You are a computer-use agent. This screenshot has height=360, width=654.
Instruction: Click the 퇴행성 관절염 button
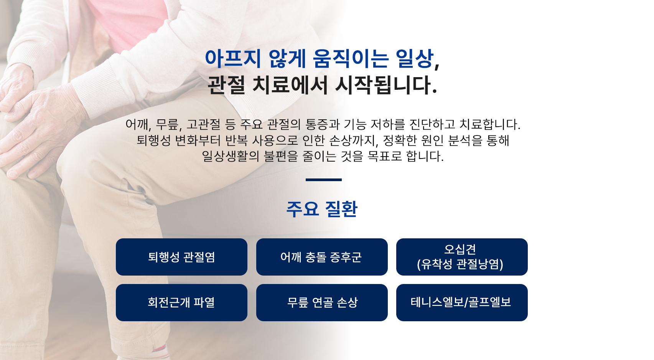coord(181,257)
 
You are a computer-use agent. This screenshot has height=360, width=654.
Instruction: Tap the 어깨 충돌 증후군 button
coord(322,257)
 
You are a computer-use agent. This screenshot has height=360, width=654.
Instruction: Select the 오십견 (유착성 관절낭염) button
coord(462,257)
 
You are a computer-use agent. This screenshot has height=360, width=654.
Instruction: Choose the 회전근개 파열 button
coord(181,302)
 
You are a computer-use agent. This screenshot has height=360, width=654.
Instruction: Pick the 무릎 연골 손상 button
coord(322,302)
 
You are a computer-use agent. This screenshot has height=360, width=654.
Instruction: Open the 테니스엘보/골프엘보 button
coord(462,302)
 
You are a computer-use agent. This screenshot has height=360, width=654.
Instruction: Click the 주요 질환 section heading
coord(322,209)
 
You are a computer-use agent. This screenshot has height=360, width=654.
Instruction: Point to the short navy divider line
coord(323,180)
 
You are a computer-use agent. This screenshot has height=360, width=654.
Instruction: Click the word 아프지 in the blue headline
coord(233,58)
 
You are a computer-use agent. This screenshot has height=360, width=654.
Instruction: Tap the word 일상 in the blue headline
coord(414,58)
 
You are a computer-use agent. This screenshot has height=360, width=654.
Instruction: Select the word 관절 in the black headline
coord(226,85)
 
